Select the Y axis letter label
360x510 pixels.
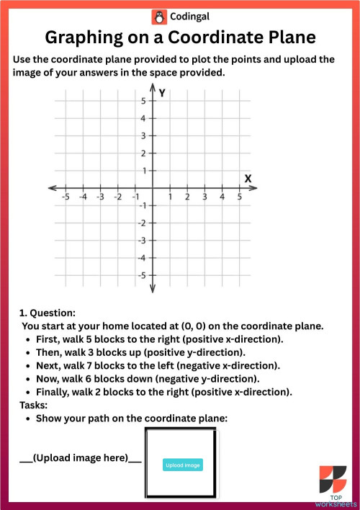pos(163,93)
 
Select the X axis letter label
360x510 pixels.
pos(248,178)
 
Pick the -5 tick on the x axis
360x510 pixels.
pos(66,189)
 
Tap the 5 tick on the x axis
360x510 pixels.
pos(240,189)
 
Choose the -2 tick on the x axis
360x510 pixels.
pos(118,189)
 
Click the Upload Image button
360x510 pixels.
pos(183,465)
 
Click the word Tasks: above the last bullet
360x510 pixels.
pos(33,406)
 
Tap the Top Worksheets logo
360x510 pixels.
pos(333,485)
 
